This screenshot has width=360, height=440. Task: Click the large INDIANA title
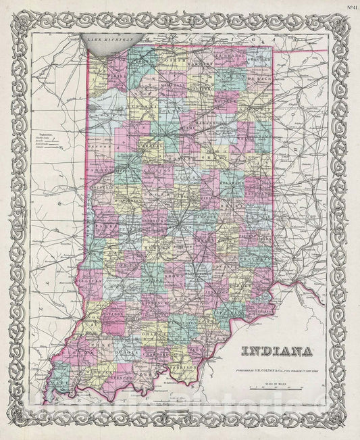coord(274,351)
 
